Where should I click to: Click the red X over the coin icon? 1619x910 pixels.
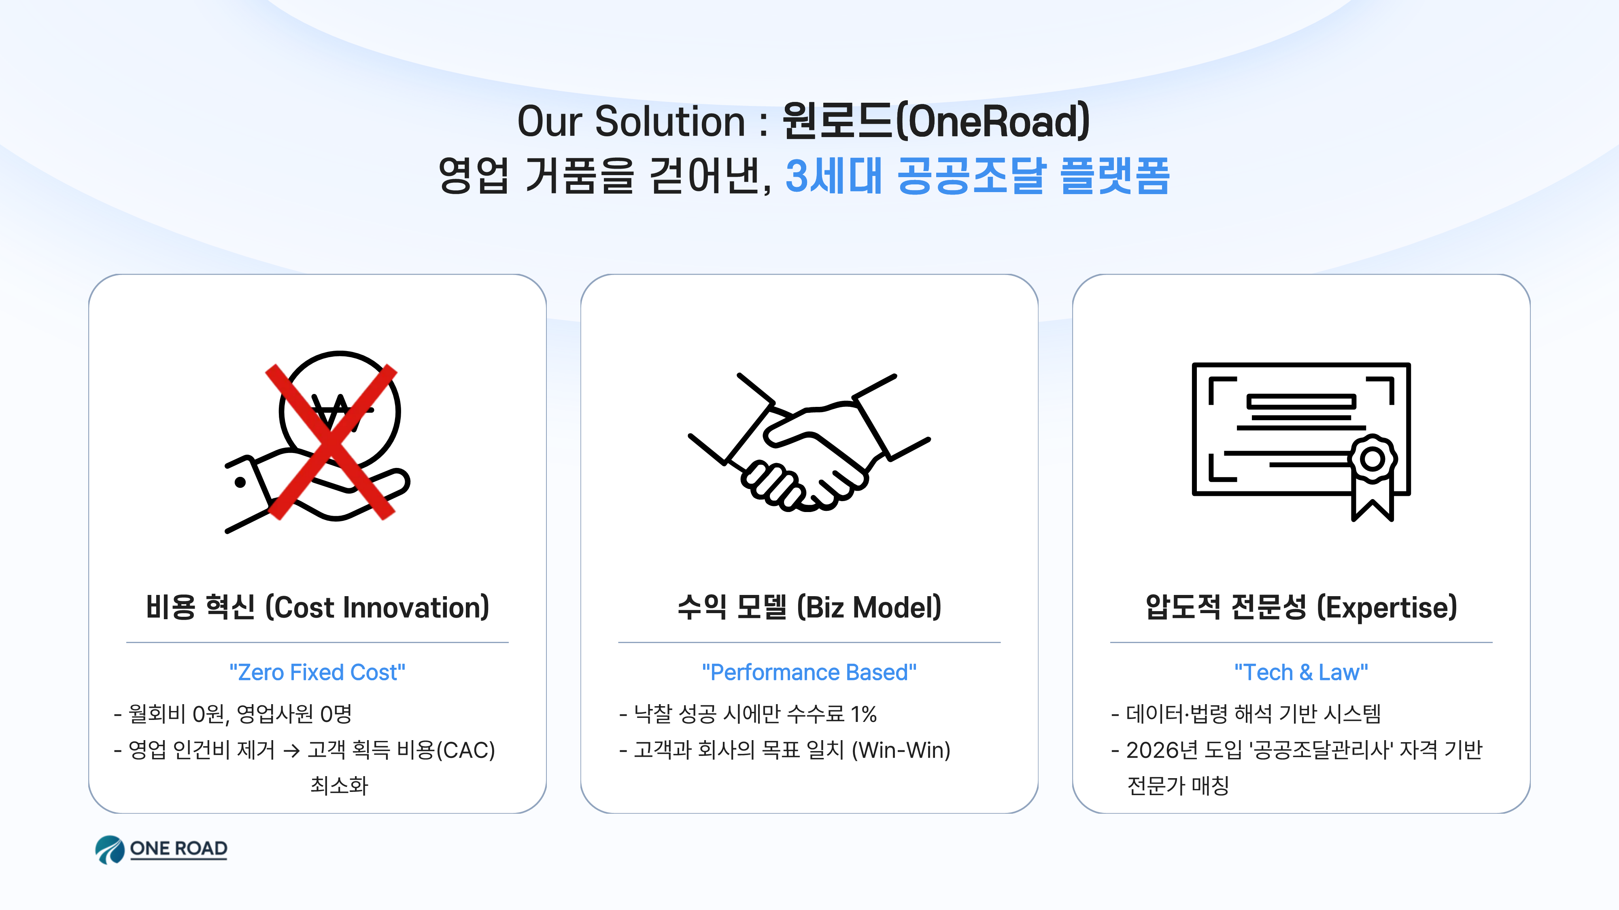click(x=331, y=442)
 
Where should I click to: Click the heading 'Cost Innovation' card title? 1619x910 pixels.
click(x=317, y=607)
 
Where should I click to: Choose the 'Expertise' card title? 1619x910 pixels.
click(x=1301, y=607)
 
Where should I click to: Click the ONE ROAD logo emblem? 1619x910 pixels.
click(x=110, y=850)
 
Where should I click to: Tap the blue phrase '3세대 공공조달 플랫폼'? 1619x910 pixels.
click(x=977, y=176)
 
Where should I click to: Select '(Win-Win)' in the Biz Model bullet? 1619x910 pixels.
click(x=901, y=750)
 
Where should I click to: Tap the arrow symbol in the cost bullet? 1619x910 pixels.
click(x=291, y=751)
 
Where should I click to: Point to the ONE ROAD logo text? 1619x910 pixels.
click(x=178, y=849)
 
